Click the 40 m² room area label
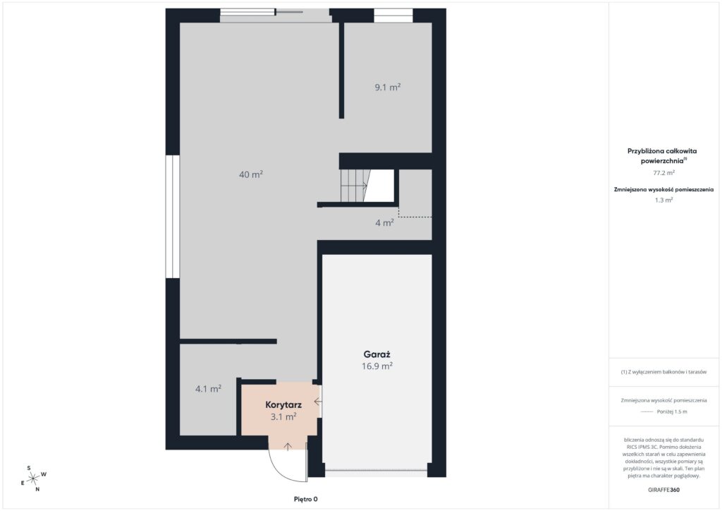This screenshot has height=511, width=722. pos(251,174)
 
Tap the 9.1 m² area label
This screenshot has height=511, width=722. pos(388,87)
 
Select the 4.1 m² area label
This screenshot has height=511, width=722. pos(208,389)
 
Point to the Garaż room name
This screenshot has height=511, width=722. pos(377,354)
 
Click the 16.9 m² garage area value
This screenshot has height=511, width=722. pos(377,366)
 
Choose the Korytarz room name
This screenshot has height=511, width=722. pos(283,405)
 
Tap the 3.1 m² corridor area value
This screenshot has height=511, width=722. pos(283,416)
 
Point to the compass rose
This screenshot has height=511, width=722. pos(33,479)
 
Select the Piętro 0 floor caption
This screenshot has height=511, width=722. pos(306,499)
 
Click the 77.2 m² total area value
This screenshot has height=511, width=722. pos(663,173)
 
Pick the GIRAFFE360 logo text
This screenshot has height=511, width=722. pos(663,490)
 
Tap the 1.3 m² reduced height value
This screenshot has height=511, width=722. pos(663,200)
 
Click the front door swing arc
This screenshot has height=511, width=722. pos(281,470)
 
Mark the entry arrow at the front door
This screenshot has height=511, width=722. pos(288,446)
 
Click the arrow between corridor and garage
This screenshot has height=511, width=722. pos(318,402)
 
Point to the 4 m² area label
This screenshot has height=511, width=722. pos(384,223)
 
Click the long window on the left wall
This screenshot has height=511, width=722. pos(172,217)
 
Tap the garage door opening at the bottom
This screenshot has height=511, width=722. pos(377,470)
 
